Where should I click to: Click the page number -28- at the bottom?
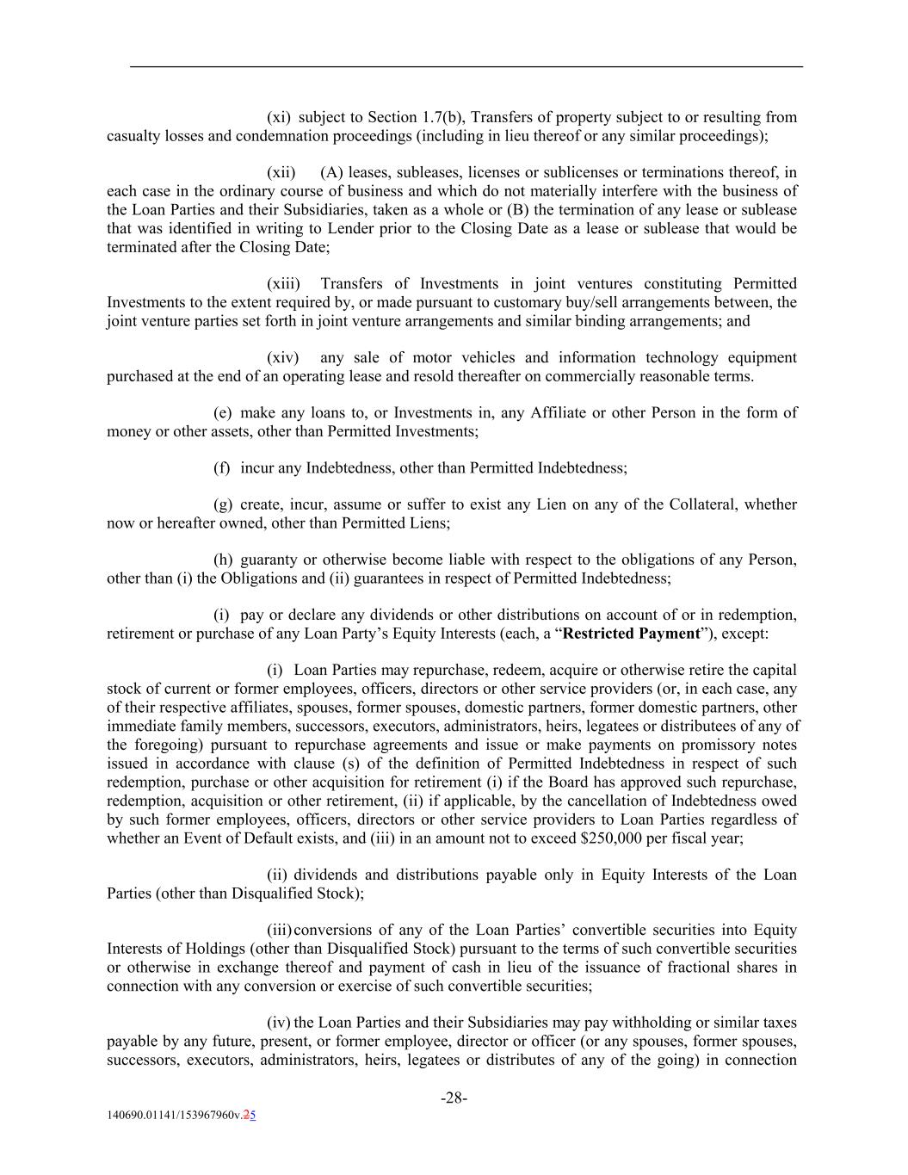[x=454, y=1098]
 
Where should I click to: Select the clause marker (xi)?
[x=279, y=117]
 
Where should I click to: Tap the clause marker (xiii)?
[x=283, y=284]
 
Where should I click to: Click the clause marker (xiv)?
[x=282, y=358]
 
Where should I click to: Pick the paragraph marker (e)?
[x=222, y=413]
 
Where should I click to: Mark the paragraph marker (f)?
[x=221, y=468]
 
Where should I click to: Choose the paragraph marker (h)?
[x=222, y=560]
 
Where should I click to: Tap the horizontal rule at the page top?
[x=466, y=66]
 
